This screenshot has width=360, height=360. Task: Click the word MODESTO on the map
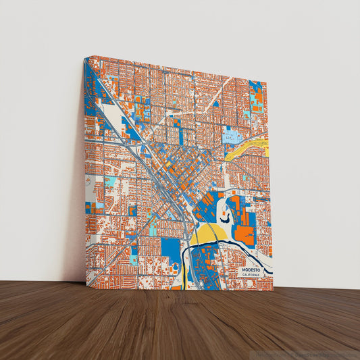252,269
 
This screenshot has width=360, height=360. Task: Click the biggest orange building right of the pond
245,234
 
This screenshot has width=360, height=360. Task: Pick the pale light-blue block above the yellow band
234,138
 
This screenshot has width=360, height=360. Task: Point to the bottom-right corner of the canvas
273,290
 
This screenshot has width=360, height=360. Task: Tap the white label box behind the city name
253,272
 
